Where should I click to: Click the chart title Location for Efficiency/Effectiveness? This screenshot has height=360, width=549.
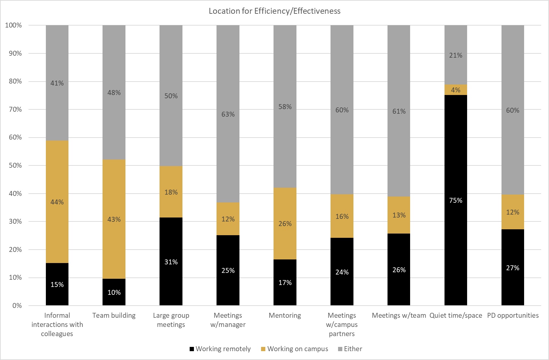pos(274,11)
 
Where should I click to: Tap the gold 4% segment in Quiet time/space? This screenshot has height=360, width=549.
pos(456,90)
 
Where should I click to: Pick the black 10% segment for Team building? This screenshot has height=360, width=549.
pos(114,292)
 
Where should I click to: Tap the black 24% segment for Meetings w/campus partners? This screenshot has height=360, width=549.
pos(342,272)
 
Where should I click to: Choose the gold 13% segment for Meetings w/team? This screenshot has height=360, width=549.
pos(399,215)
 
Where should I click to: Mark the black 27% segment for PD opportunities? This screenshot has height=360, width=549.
pos(513,268)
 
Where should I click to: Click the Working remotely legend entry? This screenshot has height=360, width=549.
pos(220,349)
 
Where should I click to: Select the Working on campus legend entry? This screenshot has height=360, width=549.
pos(294,349)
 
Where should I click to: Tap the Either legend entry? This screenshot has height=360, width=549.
pos(350,349)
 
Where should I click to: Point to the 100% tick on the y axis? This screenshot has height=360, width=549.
pos(13,25)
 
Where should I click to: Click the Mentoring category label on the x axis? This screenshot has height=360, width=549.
pos(285,315)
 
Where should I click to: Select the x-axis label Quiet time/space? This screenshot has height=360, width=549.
pos(456,315)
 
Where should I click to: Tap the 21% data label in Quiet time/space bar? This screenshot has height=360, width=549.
pos(456,55)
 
